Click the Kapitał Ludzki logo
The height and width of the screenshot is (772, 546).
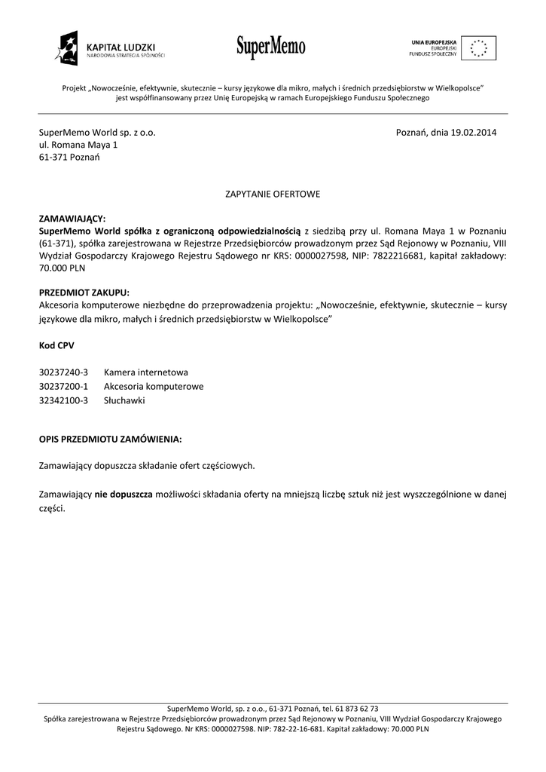pos(109,48)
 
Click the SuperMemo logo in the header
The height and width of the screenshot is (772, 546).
pos(271,47)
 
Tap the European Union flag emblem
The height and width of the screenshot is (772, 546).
pos(478,47)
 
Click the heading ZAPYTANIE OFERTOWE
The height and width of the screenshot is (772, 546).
pos(273,194)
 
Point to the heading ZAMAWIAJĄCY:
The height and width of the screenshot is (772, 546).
pos(72,218)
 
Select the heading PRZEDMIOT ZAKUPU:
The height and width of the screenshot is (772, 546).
pos(84,292)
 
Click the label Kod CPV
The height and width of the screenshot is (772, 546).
pos(56,345)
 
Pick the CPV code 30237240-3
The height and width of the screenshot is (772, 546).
pos(63,372)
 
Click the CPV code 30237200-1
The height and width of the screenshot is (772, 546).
pos(63,387)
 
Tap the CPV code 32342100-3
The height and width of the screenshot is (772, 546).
pos(63,400)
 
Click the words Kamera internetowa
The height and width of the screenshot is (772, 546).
pos(146,372)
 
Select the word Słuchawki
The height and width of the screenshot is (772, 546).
pos(124,400)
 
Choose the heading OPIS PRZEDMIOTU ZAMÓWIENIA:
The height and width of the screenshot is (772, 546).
pos(110,438)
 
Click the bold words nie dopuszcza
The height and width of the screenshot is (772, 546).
pos(124,494)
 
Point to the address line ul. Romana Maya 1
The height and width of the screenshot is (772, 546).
pos(78,145)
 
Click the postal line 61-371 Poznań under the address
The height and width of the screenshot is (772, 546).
pos(69,158)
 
